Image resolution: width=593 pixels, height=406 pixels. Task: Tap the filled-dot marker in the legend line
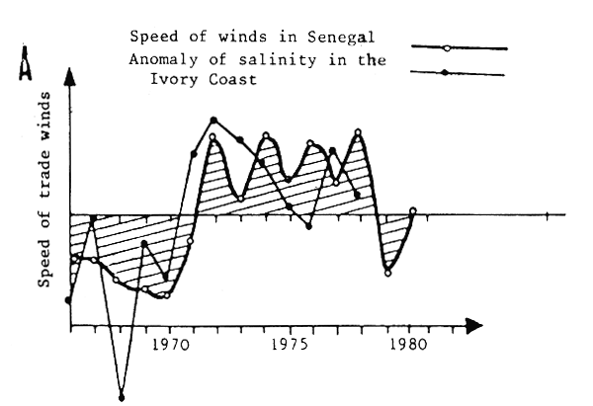pos(447,73)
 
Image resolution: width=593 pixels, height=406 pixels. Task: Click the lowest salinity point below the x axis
pos(122,397)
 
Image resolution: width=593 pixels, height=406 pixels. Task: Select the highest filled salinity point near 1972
pos(213,121)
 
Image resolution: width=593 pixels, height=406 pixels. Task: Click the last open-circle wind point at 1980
pos(412,210)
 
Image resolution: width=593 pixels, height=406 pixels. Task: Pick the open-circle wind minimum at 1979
pos(388,273)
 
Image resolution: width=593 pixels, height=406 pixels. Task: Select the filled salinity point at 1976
pos(309,226)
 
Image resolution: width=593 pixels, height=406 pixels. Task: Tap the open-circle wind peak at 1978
pos(358,131)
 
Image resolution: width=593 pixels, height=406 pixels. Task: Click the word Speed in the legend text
pos(149,38)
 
